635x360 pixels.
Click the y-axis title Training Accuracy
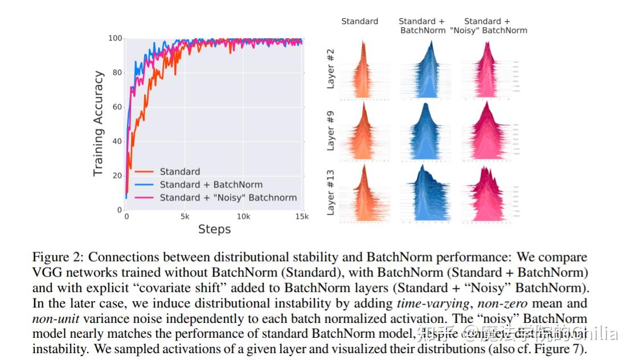pyautogui.click(x=99, y=123)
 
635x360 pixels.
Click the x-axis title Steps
pyautogui.click(x=214, y=230)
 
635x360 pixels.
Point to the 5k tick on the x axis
pyautogui.click(x=185, y=217)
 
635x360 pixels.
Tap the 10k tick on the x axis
pyautogui.click(x=243, y=217)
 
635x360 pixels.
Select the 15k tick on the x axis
pyautogui.click(x=302, y=217)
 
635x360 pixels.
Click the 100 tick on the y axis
pyautogui.click(x=116, y=38)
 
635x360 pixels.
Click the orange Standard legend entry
pyautogui.click(x=179, y=171)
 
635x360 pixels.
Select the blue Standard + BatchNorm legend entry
pyautogui.click(x=211, y=185)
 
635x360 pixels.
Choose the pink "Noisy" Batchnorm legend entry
pyautogui.click(x=228, y=198)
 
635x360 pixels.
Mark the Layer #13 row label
pyautogui.click(x=330, y=195)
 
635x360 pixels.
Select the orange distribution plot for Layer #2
pyautogui.click(x=360, y=71)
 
